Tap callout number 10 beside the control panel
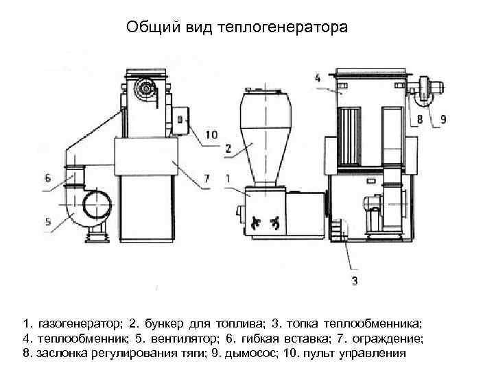pos(210,135)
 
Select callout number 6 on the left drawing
pos(47,177)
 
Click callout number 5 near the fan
pos(47,221)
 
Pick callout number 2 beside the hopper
pos(228,147)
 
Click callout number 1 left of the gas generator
pos(227,178)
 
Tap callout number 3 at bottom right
pos(354,280)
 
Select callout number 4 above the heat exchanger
pos(318,78)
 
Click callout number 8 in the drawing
pos(419,119)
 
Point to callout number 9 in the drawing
pos(443,119)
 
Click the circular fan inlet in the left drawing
pos(96,206)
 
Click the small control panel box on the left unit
pos(181,119)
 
